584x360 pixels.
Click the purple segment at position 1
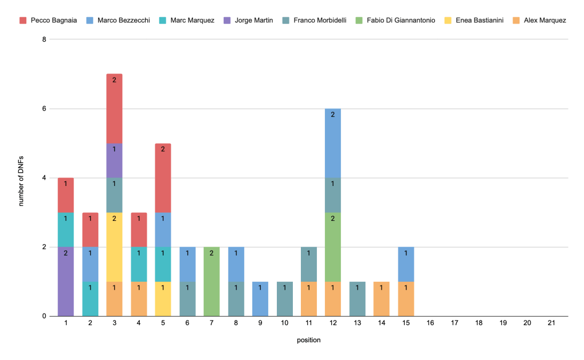coord(66,281)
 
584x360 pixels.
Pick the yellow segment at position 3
coord(114,247)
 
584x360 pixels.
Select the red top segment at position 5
coord(163,178)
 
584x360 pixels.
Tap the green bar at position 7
coord(211,281)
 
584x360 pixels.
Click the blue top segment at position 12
coord(333,143)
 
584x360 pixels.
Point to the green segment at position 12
coord(333,247)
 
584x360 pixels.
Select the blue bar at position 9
coord(260,299)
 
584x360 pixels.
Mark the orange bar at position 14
coord(381,299)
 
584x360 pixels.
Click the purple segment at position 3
coord(114,160)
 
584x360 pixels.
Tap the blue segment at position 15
coord(405,264)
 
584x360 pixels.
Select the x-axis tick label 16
coord(430,323)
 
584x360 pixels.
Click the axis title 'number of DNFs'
coord(21,177)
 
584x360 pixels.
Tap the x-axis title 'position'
coord(308,341)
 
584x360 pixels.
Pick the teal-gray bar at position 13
coord(357,299)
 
